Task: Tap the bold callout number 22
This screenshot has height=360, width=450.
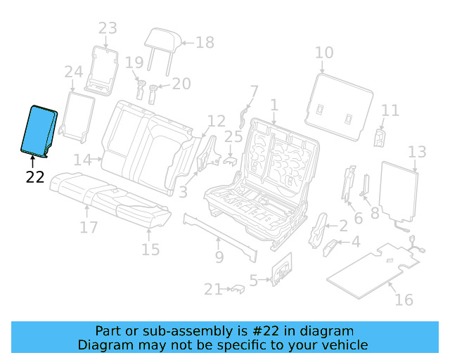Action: (35, 176)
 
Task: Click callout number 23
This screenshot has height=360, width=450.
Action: (107, 29)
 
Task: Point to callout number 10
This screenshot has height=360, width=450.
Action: (323, 53)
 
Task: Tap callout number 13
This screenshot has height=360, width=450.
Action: (417, 152)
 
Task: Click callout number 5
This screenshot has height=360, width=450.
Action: (254, 279)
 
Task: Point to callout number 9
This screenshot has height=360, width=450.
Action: (219, 257)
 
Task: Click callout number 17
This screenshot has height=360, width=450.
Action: (89, 228)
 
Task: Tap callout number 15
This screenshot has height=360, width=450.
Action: (150, 249)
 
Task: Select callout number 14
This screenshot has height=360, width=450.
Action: (82, 160)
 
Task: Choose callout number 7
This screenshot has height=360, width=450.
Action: (254, 91)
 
